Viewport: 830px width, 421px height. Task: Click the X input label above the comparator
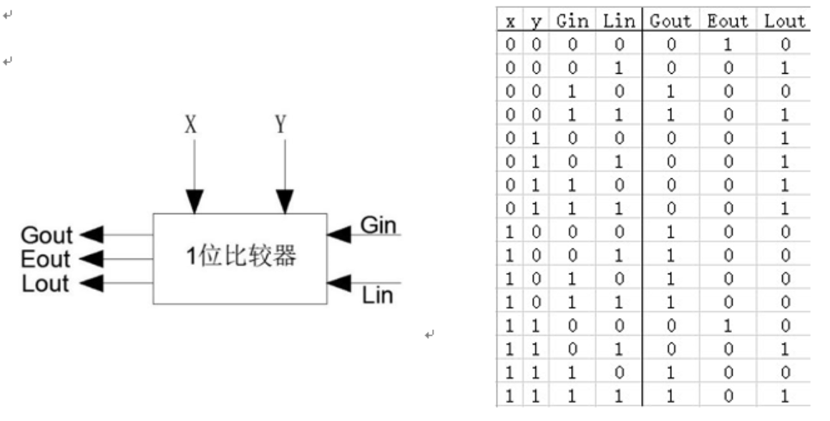(190, 125)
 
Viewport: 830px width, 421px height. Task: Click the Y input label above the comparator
(280, 125)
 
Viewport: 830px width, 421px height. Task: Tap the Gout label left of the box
(47, 235)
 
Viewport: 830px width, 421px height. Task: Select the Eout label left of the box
(46, 259)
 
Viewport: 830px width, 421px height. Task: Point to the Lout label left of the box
(46, 284)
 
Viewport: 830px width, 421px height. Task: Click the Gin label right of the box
(378, 225)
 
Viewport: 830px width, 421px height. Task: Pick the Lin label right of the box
(377, 295)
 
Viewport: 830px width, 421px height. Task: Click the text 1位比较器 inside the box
(241, 257)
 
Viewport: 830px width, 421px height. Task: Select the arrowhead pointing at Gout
(91, 234)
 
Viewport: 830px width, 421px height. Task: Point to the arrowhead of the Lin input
(338, 283)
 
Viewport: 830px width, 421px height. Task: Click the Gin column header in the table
(572, 21)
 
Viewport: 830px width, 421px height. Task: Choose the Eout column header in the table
(728, 21)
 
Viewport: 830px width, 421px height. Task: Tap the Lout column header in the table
(784, 21)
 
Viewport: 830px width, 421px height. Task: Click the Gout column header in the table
(670, 21)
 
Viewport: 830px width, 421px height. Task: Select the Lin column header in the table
(619, 21)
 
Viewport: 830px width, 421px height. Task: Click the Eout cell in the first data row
(728, 44)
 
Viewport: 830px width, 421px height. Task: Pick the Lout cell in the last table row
(785, 395)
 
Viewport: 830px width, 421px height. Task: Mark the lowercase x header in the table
(510, 22)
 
